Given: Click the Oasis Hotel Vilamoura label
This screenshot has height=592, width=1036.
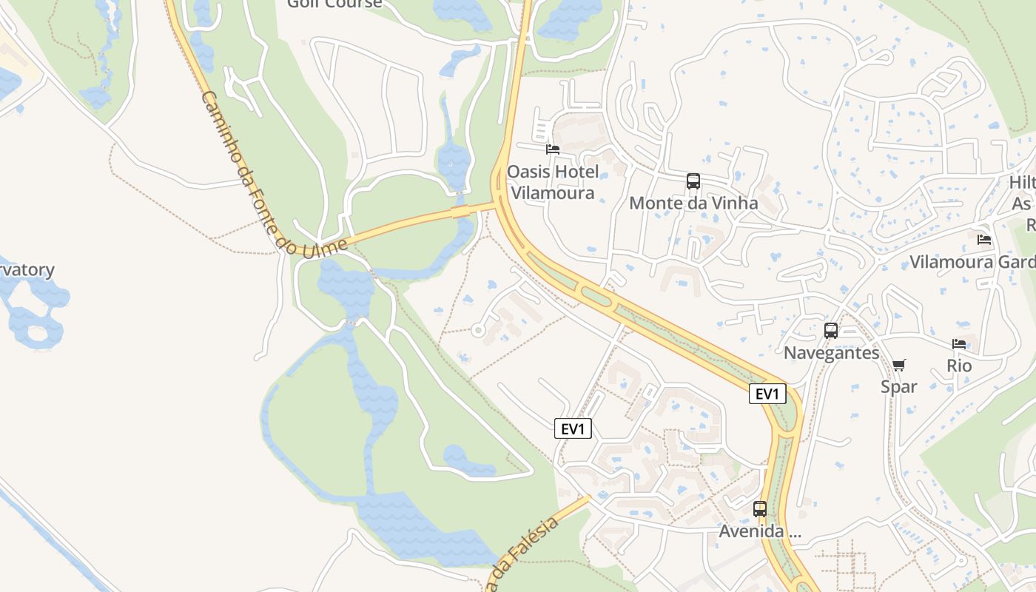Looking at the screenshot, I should [552, 182].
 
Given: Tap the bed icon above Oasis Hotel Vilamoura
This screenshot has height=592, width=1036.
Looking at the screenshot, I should [552, 149].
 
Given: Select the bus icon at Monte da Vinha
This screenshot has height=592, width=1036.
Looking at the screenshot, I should [693, 181].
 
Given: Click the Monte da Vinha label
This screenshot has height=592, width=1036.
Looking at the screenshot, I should [693, 203].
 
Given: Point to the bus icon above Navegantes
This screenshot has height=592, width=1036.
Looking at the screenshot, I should [831, 331].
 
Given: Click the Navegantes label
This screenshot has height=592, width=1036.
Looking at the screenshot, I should [831, 352].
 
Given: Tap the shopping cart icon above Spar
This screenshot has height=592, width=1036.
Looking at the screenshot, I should [899, 365].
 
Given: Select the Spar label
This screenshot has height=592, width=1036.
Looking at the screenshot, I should [899, 386].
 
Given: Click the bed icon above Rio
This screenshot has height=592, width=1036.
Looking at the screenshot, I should [959, 344].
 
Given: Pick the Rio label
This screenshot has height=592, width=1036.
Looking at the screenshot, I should [959, 366].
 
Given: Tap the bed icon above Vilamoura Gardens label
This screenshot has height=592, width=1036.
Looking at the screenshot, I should [984, 240].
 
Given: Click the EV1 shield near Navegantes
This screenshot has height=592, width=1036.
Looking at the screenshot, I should [767, 394].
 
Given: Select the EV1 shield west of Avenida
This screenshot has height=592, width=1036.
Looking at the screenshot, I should [573, 428].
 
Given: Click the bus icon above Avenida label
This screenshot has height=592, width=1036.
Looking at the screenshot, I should [760, 509].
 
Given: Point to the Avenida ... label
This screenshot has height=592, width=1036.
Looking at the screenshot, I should [760, 531].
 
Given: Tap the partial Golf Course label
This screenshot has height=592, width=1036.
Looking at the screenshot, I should [334, 4].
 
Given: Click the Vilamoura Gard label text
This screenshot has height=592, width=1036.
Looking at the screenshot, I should [972, 262].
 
